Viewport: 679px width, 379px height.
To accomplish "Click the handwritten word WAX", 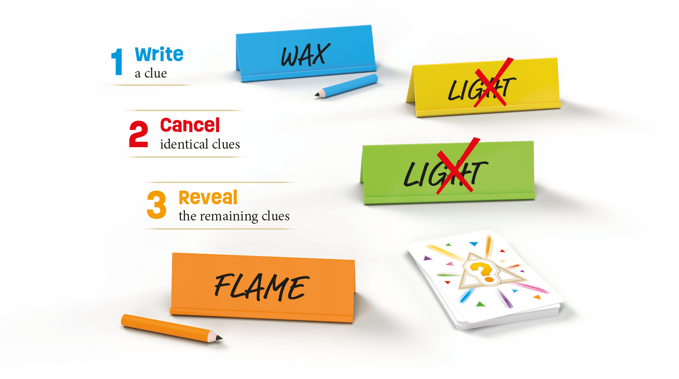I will point(304,56).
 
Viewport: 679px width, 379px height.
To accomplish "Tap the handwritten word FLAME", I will point(261,287).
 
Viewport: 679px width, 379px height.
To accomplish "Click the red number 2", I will point(138,134).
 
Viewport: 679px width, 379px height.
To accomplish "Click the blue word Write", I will point(159,54).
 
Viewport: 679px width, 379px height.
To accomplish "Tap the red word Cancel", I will point(190,125).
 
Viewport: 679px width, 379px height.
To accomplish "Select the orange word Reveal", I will point(208,198).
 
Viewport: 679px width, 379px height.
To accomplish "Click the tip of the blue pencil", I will point(315,96).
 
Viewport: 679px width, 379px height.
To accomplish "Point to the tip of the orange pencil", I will point(220,338).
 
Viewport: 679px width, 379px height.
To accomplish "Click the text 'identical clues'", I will point(200,144).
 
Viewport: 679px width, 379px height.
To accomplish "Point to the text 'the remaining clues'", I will point(234,216).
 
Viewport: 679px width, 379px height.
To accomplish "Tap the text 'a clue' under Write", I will point(151,74).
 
